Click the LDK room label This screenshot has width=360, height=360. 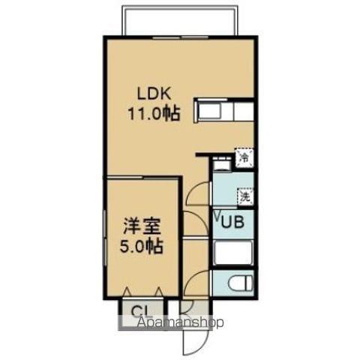(154, 95)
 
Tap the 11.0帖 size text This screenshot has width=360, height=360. (154, 115)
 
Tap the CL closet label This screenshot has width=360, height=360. (140, 311)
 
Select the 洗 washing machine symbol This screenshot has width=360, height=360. (244, 196)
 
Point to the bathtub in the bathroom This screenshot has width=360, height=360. (233, 252)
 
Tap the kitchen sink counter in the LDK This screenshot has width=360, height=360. (224, 112)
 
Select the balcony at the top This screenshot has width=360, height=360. (180, 21)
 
